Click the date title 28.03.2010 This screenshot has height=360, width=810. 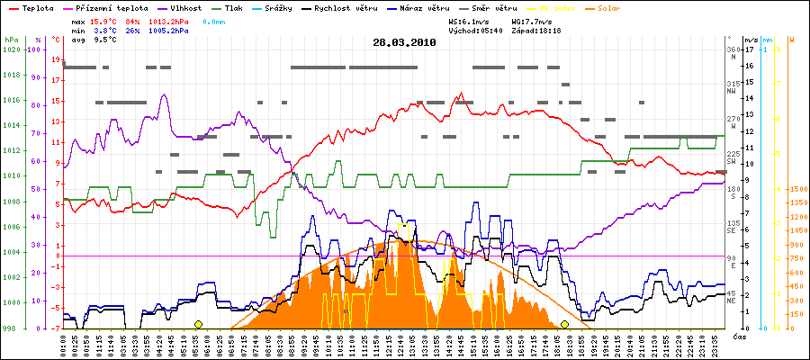[404, 42]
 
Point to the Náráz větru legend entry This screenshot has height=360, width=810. [437, 7]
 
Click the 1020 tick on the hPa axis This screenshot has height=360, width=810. [10, 49]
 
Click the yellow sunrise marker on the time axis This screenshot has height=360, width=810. [198, 324]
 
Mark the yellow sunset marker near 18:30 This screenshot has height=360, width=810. [564, 324]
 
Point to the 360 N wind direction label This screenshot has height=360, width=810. [733, 52]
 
